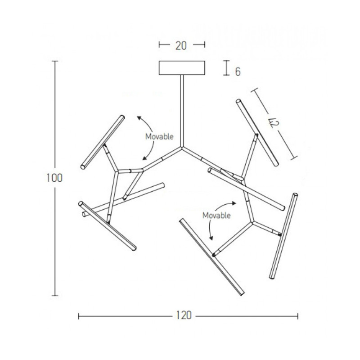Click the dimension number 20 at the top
coord(181,46)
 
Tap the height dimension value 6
coord(238,72)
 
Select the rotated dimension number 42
coord(274,123)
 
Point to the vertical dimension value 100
coord(54,178)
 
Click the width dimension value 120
coord(184,315)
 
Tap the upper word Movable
coord(159,137)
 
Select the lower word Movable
coord(216,216)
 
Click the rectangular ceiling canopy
coord(182,68)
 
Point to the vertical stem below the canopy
coord(182,111)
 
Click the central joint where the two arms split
coord(182,148)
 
